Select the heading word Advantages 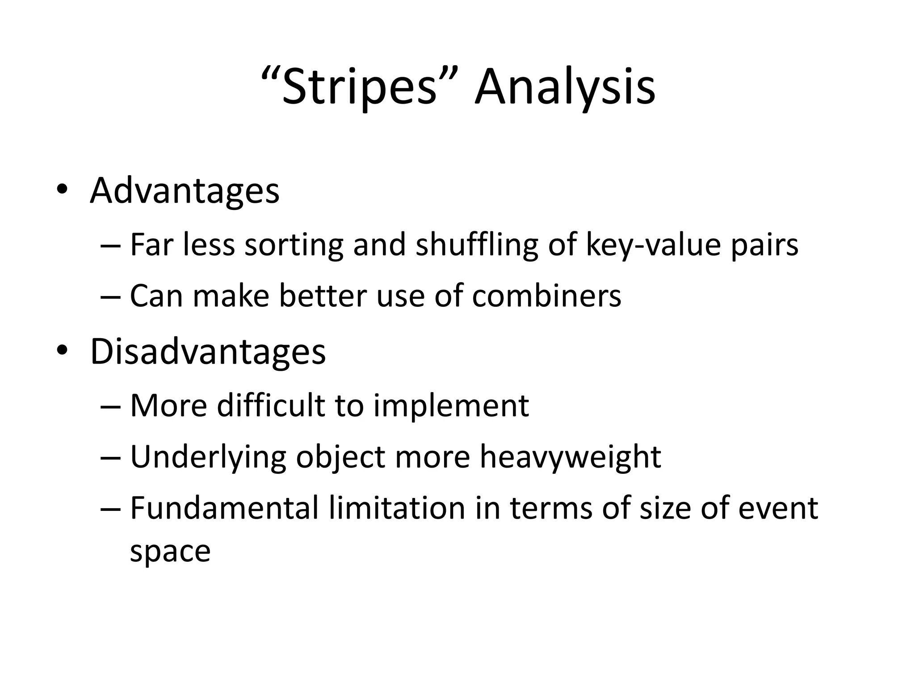point(185,191)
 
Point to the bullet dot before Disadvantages point(62,351)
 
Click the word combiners point(546,296)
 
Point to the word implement point(451,406)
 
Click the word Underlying point(208,457)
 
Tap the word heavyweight point(570,457)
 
